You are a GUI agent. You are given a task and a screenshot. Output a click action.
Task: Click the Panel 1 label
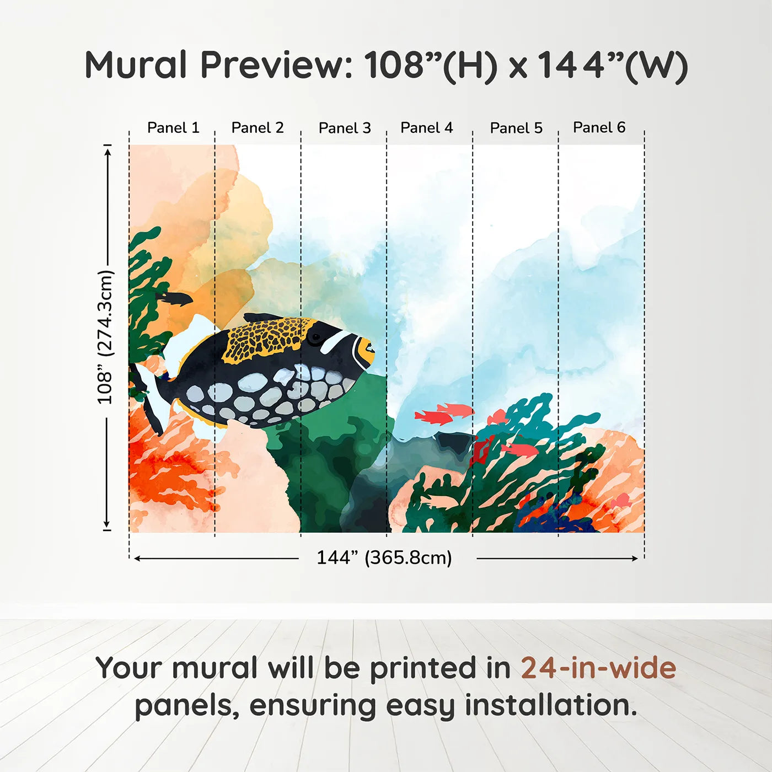tap(173, 128)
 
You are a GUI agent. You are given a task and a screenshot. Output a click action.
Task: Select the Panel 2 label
tap(258, 128)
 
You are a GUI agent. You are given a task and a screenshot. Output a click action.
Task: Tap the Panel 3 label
tap(345, 128)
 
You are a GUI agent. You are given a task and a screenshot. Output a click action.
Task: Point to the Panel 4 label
tap(427, 128)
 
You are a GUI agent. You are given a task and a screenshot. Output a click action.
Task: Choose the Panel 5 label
tap(516, 128)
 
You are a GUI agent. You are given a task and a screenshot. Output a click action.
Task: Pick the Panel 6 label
tap(599, 127)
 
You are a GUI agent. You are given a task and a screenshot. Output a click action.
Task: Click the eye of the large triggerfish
tap(315, 337)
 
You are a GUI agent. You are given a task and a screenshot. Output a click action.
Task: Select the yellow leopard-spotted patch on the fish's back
tap(265, 340)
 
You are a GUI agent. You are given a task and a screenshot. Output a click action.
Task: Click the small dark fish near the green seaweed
tap(175, 299)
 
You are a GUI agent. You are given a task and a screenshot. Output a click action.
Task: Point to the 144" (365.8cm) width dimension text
tap(384, 558)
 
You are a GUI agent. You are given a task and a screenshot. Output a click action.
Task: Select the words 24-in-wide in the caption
tap(598, 668)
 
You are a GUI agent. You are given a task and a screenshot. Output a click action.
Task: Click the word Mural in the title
tap(136, 65)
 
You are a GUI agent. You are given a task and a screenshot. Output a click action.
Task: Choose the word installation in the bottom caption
tap(550, 706)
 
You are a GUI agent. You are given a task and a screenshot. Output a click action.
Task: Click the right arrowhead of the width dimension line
tap(636, 559)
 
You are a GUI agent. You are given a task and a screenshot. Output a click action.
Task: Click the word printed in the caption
tap(423, 668)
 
